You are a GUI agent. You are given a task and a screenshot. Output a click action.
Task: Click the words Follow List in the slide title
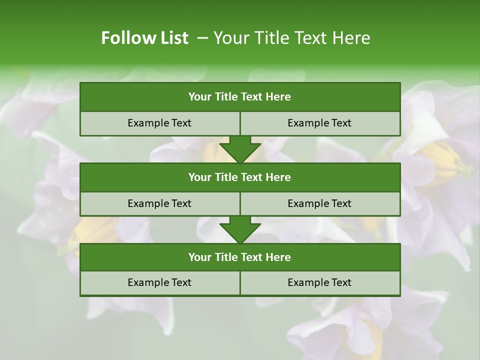pyautogui.click(x=144, y=38)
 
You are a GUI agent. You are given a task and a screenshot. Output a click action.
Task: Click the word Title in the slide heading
pyautogui.click(x=269, y=38)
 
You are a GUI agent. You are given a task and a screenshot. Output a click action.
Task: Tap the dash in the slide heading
pyautogui.click(x=202, y=38)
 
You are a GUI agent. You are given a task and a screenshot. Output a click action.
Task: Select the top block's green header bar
pyautogui.click(x=240, y=96)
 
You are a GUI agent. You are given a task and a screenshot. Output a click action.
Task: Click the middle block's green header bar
pyautogui.click(x=240, y=177)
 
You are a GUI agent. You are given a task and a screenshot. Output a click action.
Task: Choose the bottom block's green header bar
pyautogui.click(x=240, y=257)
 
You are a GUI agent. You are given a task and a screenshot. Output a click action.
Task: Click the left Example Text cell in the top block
pyautogui.click(x=159, y=123)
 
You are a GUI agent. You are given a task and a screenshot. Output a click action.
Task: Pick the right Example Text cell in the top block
pyautogui.click(x=319, y=123)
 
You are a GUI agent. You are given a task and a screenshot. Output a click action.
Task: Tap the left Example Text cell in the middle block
pyautogui.click(x=159, y=203)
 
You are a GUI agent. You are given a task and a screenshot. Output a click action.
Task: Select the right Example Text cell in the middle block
pyautogui.click(x=319, y=203)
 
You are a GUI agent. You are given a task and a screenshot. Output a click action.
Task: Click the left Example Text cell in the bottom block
pyautogui.click(x=159, y=282)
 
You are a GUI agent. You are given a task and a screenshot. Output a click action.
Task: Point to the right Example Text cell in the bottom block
pyautogui.click(x=319, y=282)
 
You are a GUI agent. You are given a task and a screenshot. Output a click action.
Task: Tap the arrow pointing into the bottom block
pyautogui.click(x=240, y=229)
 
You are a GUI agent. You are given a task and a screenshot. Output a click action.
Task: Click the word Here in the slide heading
pyautogui.click(x=350, y=38)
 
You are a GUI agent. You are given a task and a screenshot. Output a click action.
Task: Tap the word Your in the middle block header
pyautogui.click(x=199, y=177)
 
